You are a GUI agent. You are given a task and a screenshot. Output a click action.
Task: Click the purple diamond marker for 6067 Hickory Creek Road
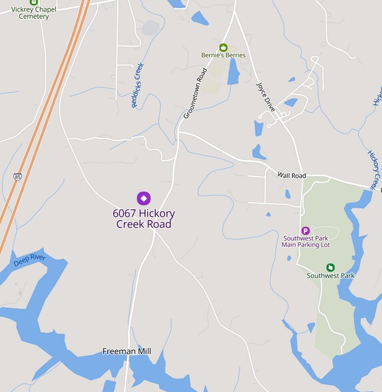(143, 198)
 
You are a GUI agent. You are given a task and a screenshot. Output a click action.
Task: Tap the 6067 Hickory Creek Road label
(144, 219)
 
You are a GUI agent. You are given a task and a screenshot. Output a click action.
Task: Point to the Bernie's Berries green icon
(224, 47)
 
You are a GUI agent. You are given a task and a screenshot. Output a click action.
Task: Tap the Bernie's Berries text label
(224, 55)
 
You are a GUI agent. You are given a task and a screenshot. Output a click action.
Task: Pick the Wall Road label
(291, 175)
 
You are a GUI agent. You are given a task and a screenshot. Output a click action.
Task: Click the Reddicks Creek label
(138, 86)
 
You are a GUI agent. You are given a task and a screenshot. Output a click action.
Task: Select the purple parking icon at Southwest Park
(305, 230)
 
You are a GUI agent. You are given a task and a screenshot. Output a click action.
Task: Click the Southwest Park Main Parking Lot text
(306, 241)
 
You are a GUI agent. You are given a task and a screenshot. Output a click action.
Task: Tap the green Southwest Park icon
(330, 267)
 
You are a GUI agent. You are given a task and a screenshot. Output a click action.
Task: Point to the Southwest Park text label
(330, 275)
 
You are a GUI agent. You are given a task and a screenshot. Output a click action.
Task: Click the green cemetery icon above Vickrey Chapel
(33, 2)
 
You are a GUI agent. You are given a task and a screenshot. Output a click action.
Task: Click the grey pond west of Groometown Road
(151, 28)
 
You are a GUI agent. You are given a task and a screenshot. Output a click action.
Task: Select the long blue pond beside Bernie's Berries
(233, 71)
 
